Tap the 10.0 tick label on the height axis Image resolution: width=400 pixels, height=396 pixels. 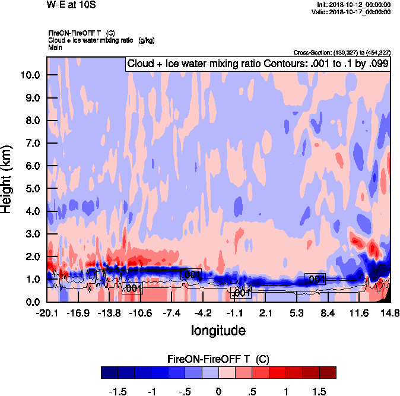pyautogui.click(x=30, y=75)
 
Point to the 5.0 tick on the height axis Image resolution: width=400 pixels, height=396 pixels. pyautogui.click(x=30, y=188)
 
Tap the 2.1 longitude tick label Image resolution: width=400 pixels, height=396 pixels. pyautogui.click(x=266, y=313)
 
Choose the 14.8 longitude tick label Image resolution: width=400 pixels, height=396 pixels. pyautogui.click(x=390, y=313)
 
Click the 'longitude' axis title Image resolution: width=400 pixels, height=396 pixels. pyautogui.click(x=218, y=329)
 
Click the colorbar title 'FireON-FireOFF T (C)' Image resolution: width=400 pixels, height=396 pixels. pyautogui.click(x=218, y=359)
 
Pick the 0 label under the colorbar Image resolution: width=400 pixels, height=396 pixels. pyautogui.click(x=218, y=391)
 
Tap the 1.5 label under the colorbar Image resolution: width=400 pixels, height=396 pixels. pyautogui.click(x=319, y=391)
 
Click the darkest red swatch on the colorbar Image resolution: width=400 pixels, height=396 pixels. pyautogui.click(x=328, y=373)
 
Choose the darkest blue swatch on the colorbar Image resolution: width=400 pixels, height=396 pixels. pyautogui.click(x=110, y=373)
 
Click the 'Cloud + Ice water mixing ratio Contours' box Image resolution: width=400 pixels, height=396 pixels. pyautogui.click(x=258, y=64)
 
